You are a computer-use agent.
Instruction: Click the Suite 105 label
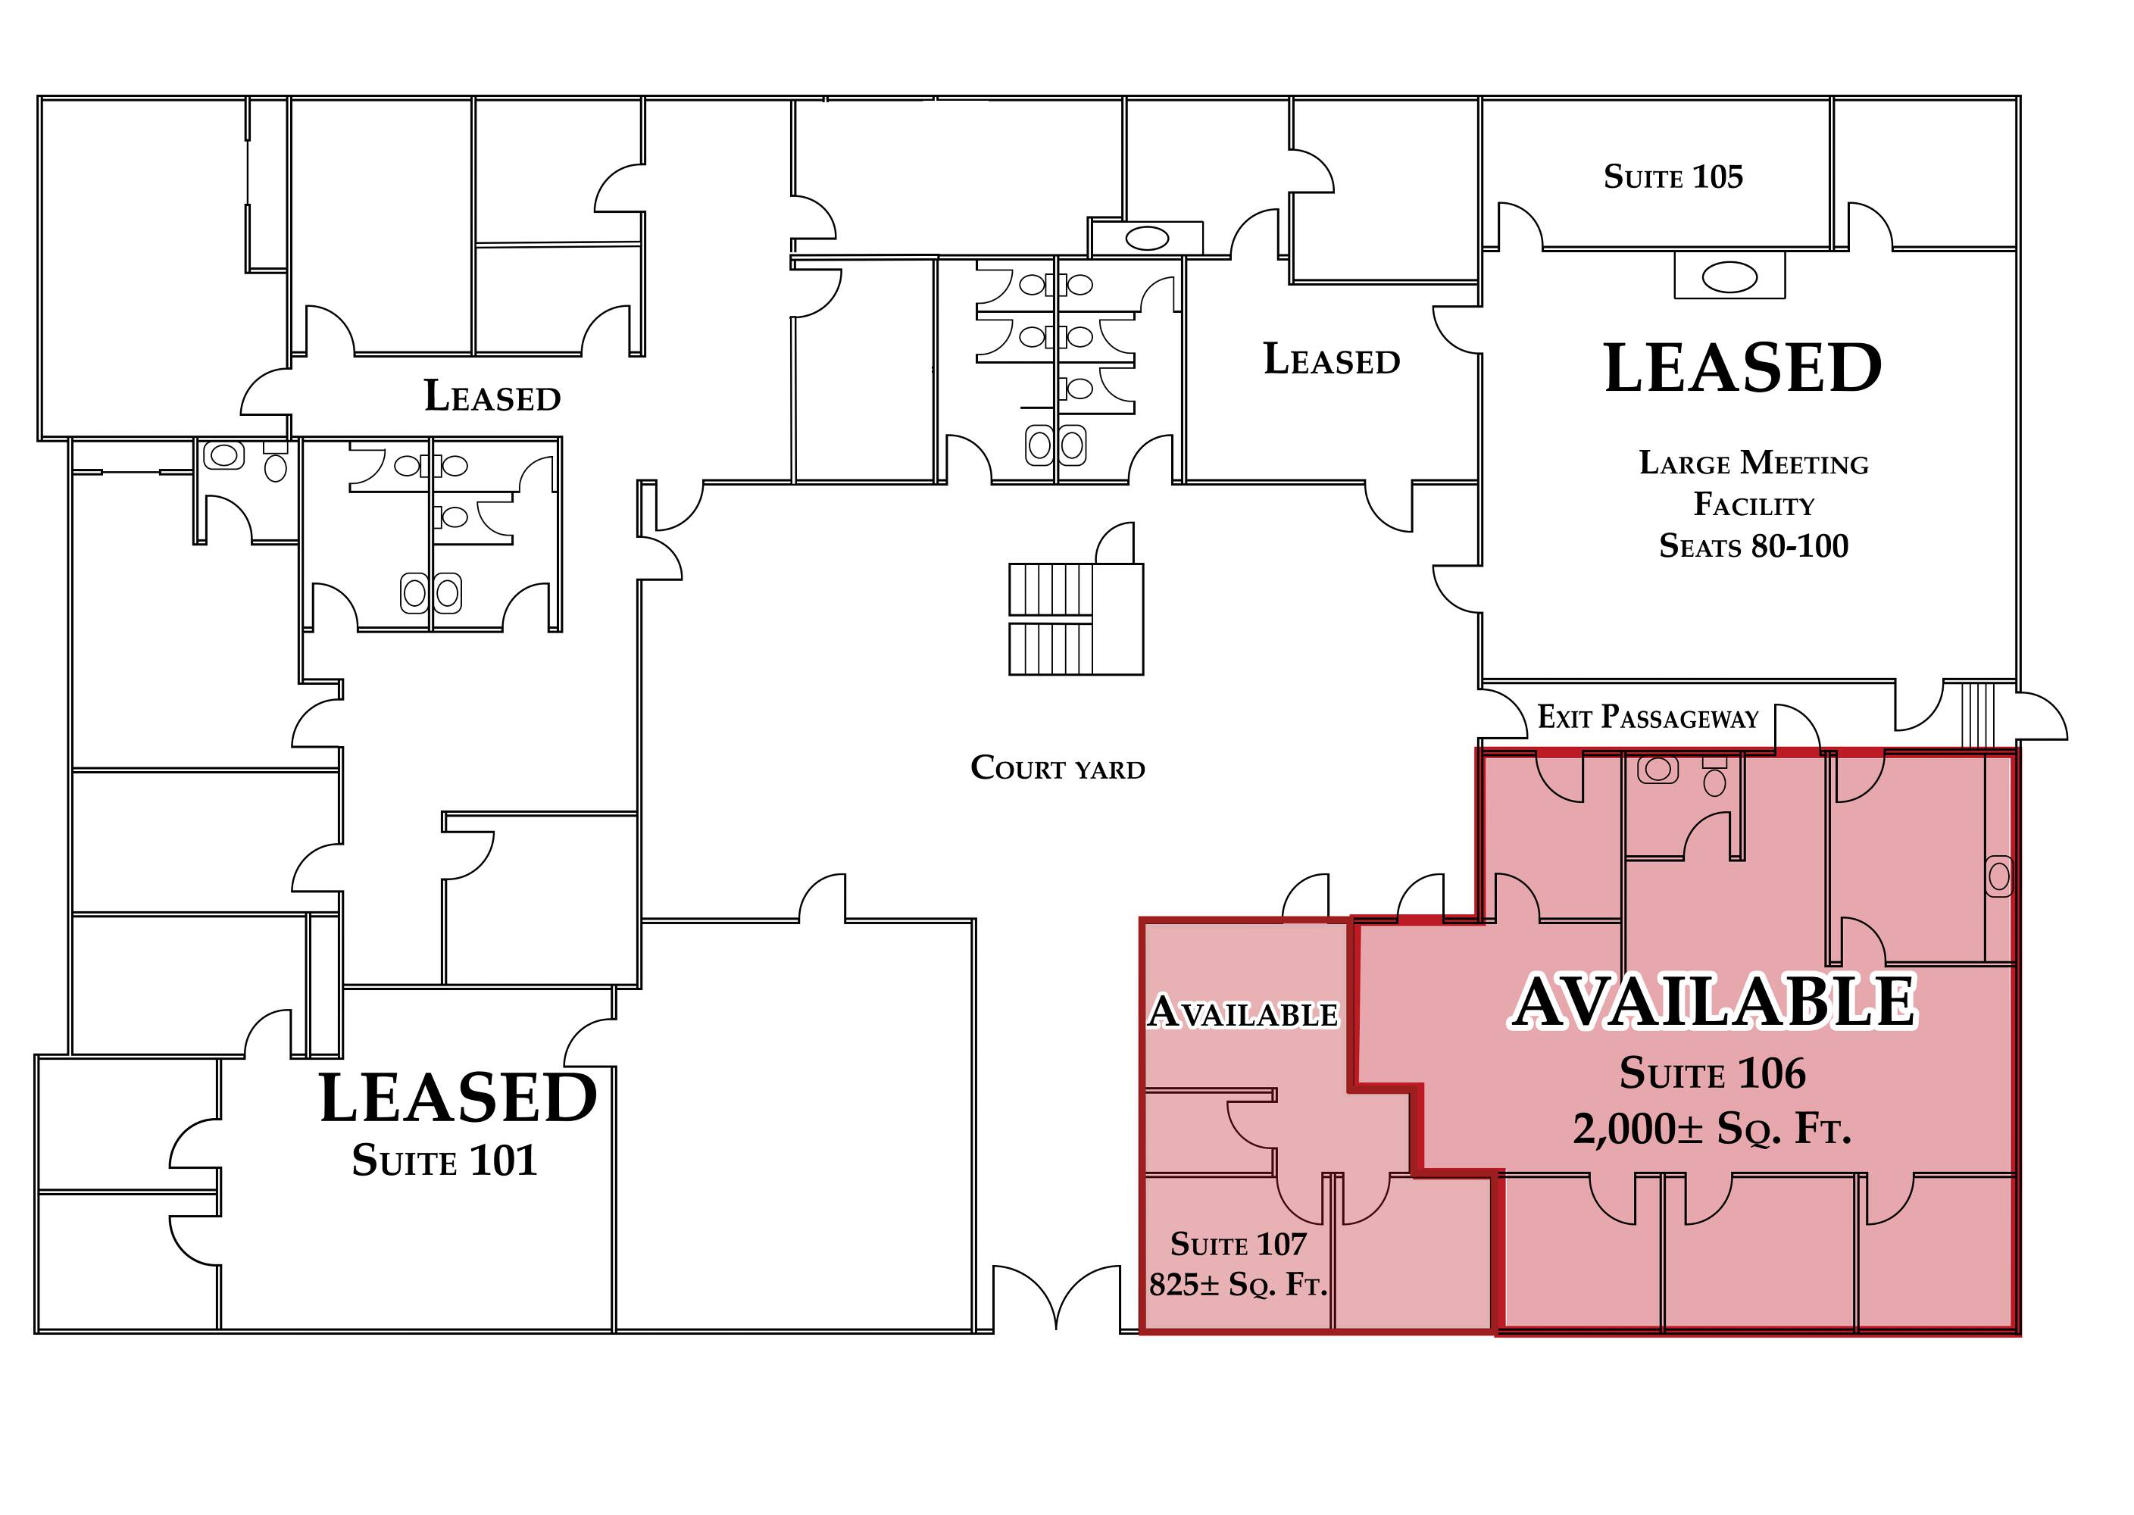[x=1673, y=176]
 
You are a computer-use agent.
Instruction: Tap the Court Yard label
[x=1058, y=768]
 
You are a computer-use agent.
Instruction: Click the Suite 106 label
[x=1712, y=1073]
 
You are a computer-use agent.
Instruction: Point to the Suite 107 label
[x=1238, y=1244]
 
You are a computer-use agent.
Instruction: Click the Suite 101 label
[x=444, y=1160]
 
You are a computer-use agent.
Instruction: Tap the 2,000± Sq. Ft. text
[x=1712, y=1129]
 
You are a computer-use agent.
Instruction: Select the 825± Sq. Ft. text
[x=1238, y=1285]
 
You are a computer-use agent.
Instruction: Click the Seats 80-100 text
[x=1754, y=545]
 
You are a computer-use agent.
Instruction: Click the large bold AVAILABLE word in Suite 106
[x=1712, y=1001]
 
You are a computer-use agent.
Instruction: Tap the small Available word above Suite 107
[x=1243, y=1012]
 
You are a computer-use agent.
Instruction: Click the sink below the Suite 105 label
[x=1729, y=277]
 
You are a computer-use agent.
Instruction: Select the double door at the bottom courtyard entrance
[x=1056, y=1298]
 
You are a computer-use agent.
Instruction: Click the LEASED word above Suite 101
[x=458, y=1098]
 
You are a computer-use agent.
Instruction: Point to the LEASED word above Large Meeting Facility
[x=1742, y=367]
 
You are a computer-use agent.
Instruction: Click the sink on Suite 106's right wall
[x=1998, y=876]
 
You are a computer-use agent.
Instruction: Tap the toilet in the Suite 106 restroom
[x=1714, y=776]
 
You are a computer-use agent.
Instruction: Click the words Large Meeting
[x=1754, y=463]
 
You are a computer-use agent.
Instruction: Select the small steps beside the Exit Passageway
[x=1978, y=714]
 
